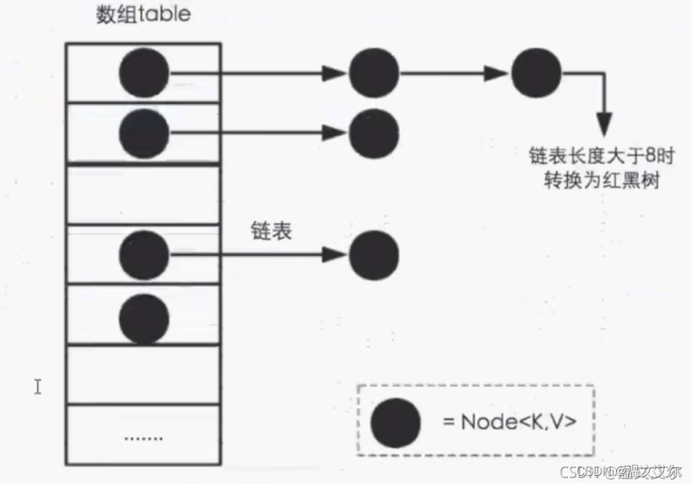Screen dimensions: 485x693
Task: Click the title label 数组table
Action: (142, 15)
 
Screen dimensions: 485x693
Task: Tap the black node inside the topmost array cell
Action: (144, 73)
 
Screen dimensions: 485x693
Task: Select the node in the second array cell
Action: (144, 133)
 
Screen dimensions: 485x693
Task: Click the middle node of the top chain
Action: (374, 73)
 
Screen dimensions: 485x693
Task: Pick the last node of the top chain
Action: (536, 73)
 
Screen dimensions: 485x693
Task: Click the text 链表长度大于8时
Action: (602, 154)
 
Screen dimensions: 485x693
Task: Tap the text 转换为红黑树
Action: (602, 180)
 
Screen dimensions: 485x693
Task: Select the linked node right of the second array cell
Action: (374, 133)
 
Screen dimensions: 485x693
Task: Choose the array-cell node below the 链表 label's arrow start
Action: (144, 256)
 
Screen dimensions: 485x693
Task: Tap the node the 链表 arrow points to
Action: (374, 256)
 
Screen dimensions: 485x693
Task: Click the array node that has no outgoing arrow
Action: (144, 318)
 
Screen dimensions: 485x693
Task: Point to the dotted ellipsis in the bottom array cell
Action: (143, 439)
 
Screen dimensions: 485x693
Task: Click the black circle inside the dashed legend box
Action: (396, 423)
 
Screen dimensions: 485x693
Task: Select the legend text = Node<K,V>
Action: (509, 422)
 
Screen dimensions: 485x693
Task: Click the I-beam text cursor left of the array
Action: (38, 386)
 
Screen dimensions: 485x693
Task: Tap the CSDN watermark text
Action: (628, 472)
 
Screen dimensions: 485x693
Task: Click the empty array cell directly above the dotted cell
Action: (143, 375)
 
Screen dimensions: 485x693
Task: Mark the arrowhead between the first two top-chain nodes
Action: (336, 73)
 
